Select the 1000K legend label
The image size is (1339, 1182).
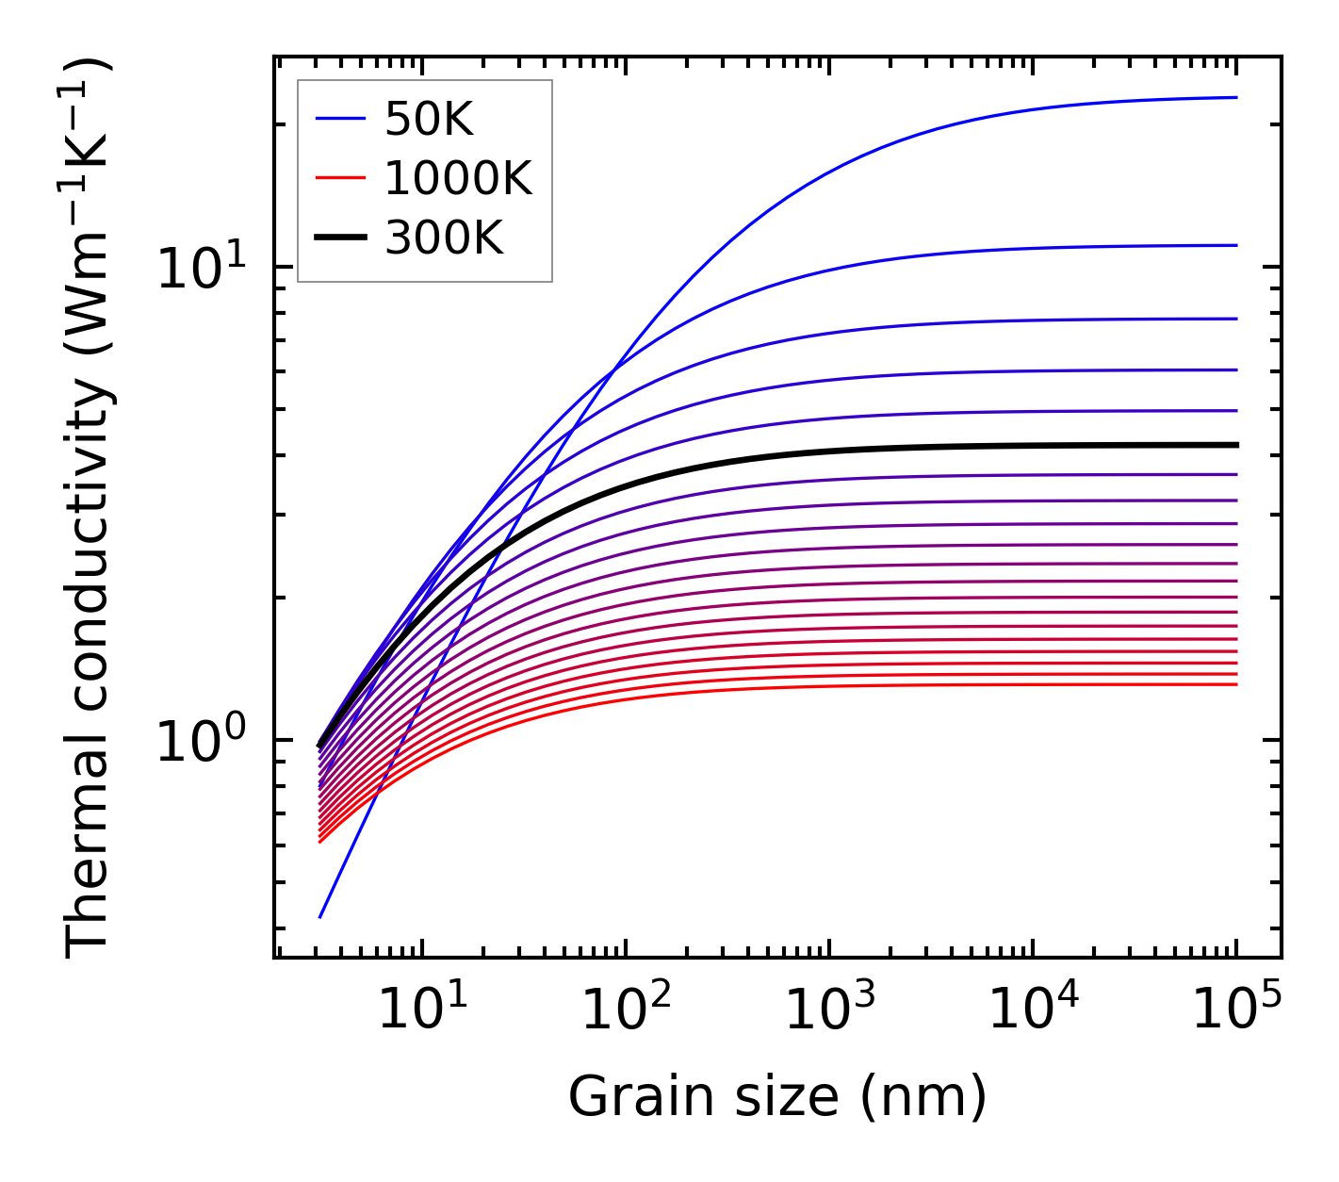[458, 178]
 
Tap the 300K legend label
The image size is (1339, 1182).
[444, 238]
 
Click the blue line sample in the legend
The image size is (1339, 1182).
[340, 119]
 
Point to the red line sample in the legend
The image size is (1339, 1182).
[340, 178]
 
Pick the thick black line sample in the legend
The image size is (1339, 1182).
[340, 238]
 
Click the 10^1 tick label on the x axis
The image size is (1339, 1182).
[422, 1010]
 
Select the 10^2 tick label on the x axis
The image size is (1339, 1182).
[626, 1010]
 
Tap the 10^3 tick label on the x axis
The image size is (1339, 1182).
[829, 1010]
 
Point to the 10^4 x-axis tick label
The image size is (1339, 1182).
[1033, 1010]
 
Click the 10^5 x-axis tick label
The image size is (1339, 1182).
[1236, 1010]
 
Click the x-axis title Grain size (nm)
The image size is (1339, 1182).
[777, 1096]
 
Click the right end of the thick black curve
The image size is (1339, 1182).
[1236, 445]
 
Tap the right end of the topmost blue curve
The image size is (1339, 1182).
[1236, 97]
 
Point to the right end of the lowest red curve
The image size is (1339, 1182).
[1236, 684]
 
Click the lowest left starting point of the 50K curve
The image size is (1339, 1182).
[320, 917]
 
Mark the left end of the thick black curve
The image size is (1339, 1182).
[319, 746]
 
